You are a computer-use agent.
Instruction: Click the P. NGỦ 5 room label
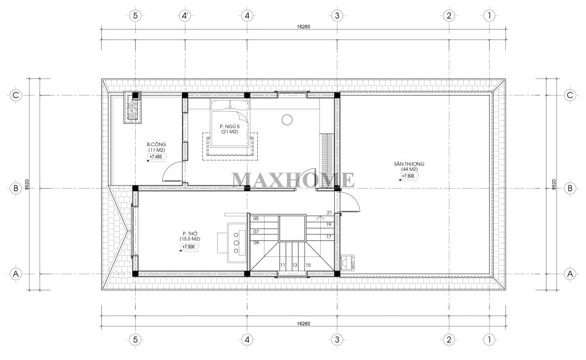[229, 126]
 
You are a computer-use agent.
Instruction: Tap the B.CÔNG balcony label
[157, 144]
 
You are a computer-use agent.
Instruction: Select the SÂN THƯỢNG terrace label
[409, 164]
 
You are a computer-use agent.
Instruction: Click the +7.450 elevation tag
[156, 157]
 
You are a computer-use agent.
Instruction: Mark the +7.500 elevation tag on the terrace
[408, 176]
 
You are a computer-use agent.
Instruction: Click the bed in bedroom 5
[229, 123]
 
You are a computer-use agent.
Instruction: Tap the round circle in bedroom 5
[287, 120]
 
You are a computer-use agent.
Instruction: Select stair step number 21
[329, 213]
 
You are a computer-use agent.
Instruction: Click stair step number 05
[256, 218]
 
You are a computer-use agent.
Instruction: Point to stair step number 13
[294, 265]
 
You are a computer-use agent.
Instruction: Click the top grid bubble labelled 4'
[186, 15]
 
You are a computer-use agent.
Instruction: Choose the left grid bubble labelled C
[15, 95]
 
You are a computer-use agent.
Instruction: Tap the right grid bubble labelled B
[570, 188]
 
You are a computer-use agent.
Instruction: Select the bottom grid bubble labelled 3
[337, 340]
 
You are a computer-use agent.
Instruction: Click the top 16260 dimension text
[303, 27]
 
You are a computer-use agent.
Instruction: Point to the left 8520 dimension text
[27, 184]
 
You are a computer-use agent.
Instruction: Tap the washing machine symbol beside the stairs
[348, 263]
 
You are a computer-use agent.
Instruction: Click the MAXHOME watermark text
[293, 179]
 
